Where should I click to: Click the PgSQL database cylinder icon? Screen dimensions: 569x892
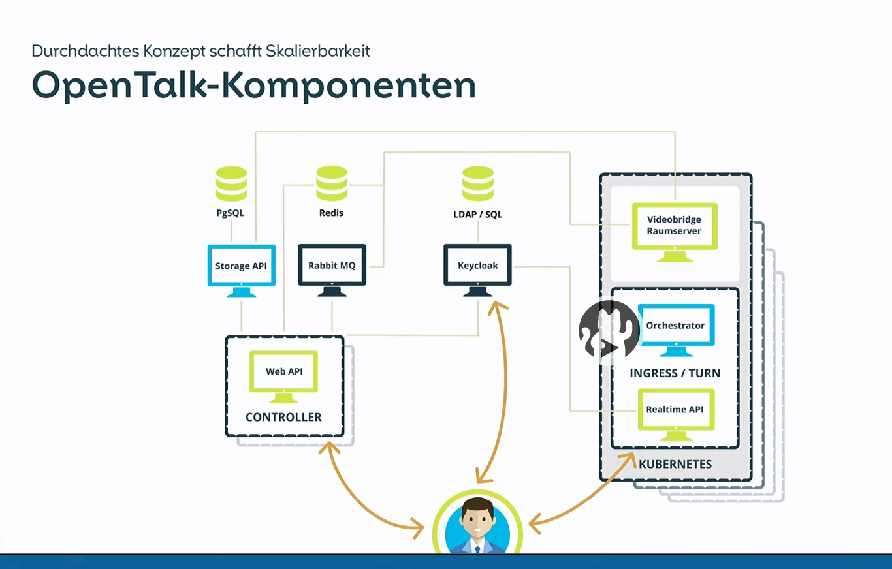[x=231, y=183]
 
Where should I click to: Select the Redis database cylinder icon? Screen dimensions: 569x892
[x=331, y=183]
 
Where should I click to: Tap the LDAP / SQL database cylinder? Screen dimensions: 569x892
[x=478, y=183]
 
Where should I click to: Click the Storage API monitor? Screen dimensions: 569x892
[x=241, y=266]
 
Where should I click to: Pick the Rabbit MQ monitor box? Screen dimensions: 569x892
[x=332, y=266]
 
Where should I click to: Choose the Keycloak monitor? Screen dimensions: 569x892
[x=477, y=266]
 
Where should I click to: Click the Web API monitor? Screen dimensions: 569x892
[x=284, y=371]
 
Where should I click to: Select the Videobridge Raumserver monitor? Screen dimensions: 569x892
[x=675, y=226]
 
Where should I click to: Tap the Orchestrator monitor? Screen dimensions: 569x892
[x=676, y=326]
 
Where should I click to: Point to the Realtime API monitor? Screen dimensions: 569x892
[x=675, y=410]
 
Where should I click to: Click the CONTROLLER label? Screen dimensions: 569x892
[x=283, y=417]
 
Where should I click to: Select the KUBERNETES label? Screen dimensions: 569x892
[x=675, y=465]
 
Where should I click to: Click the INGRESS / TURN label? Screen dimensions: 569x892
[x=675, y=373]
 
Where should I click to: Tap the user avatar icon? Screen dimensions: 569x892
[x=477, y=526]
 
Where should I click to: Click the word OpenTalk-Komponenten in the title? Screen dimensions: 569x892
[x=253, y=85]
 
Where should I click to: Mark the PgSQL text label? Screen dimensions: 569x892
[x=231, y=213]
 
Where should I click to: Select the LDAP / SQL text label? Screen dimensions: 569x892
[x=478, y=214]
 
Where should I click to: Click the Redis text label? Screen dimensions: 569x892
[x=331, y=213]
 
